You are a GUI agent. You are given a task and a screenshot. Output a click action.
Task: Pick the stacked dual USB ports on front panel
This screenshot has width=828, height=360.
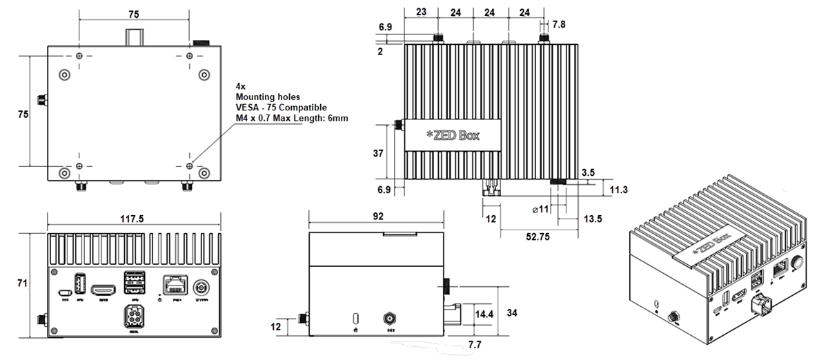pyautogui.click(x=135, y=283)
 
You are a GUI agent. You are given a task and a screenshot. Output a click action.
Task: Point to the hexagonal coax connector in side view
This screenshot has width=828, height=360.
pyautogui.click(x=391, y=319)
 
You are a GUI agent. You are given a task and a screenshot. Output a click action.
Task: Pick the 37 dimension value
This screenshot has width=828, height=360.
pyautogui.click(x=378, y=154)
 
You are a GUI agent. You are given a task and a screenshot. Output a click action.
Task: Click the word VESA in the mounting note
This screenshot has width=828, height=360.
pyautogui.click(x=247, y=108)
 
